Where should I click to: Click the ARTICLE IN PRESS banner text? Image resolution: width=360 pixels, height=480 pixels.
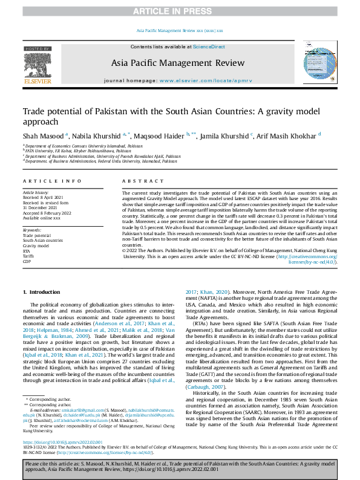(180, 11)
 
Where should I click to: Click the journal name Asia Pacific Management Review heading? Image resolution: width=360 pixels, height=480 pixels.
(180, 63)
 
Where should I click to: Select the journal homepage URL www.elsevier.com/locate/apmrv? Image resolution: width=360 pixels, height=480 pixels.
(200, 80)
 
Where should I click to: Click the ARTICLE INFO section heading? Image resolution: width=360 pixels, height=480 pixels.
(45, 181)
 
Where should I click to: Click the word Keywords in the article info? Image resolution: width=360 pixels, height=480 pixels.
(32, 231)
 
